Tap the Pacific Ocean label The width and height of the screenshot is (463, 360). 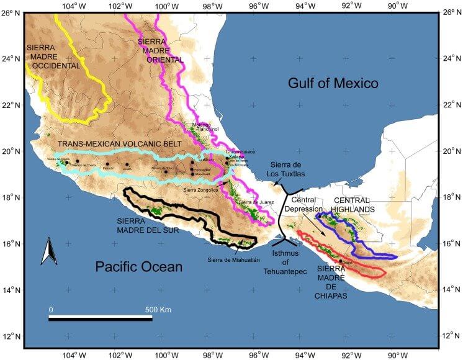(138, 268)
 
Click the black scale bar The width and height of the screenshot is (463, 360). (101, 318)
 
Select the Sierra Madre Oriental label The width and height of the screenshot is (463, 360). (160, 50)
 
